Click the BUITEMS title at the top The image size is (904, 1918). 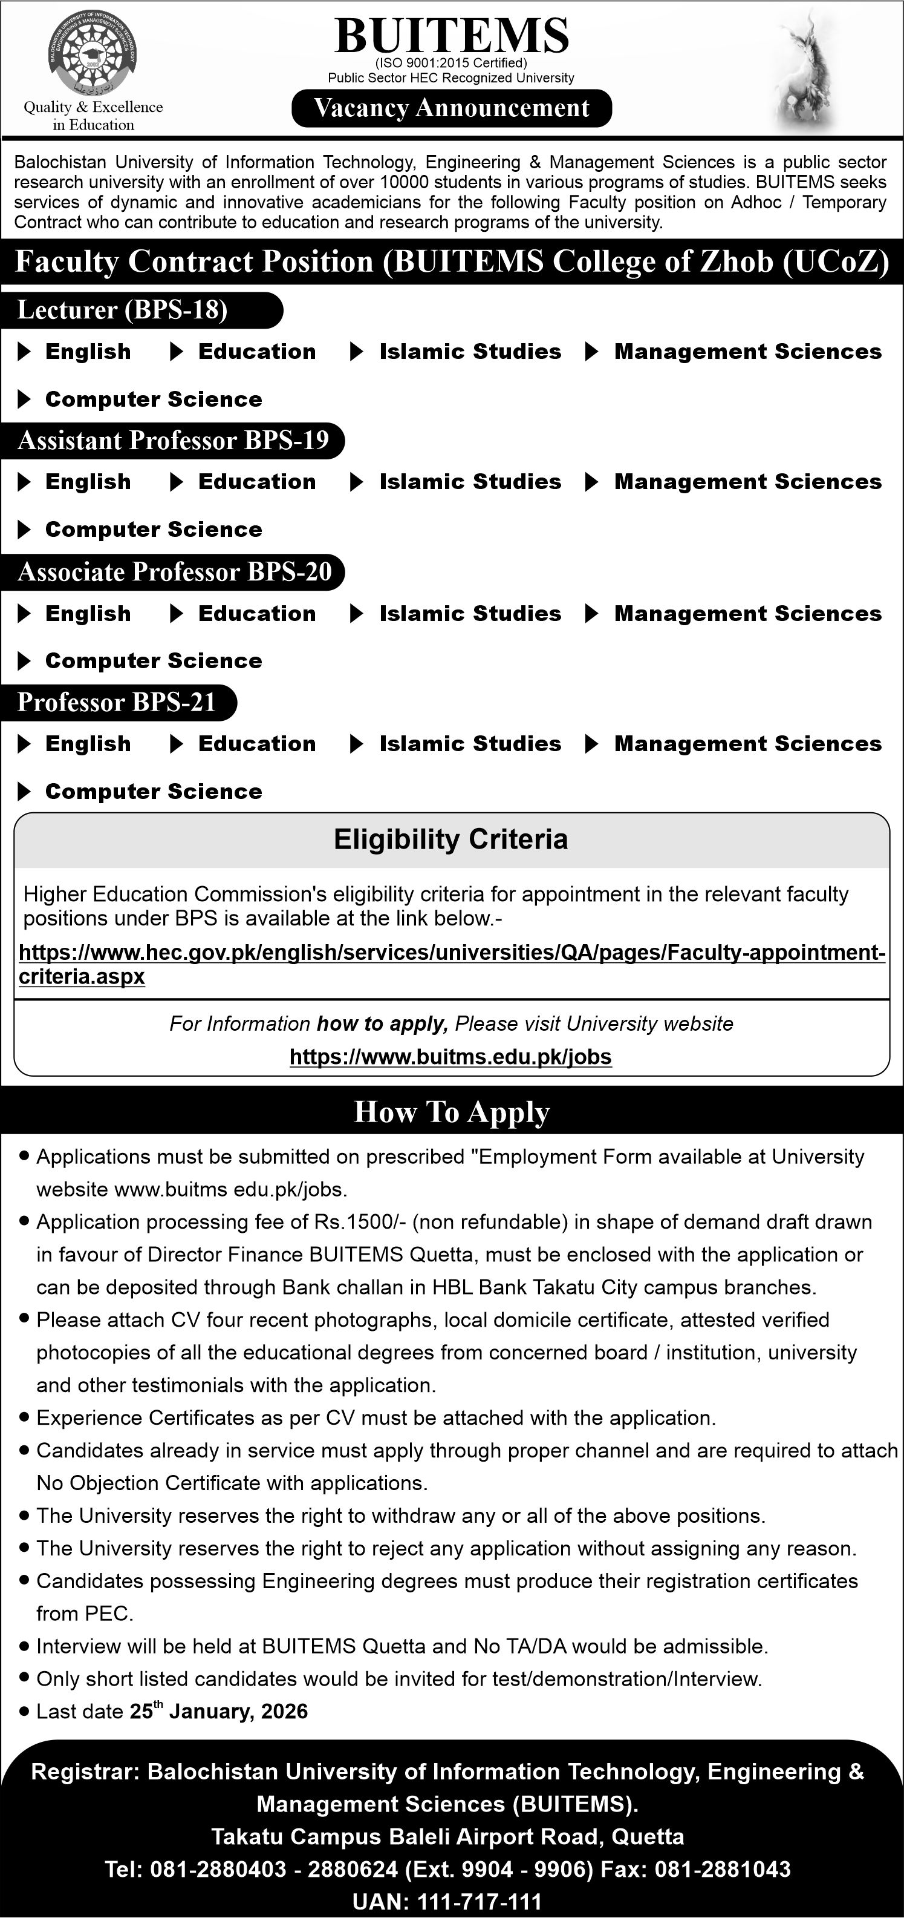452,36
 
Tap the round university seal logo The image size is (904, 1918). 93,54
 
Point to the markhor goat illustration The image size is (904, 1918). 807,71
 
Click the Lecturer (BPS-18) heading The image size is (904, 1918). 123,310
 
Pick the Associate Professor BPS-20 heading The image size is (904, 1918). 175,572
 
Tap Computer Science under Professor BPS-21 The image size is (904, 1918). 153,792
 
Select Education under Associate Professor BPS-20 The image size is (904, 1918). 257,614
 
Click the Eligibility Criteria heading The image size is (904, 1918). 451,839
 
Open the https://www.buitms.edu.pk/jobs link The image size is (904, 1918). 451,1057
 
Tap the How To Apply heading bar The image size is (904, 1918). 452,1112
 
